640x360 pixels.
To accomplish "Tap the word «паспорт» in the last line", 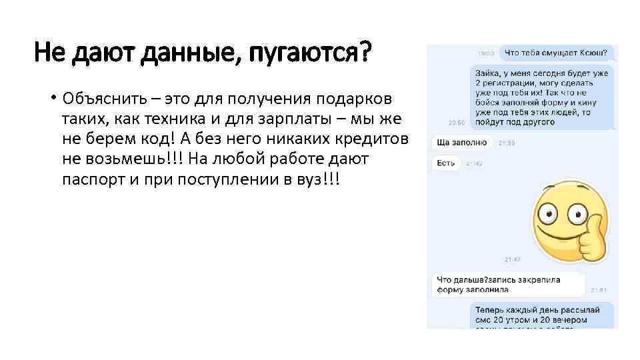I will coord(95,180).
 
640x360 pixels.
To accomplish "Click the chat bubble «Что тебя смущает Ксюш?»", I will coord(556,52).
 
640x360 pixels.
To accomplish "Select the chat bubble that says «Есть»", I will coord(446,163).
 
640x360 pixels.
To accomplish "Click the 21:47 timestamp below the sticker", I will coord(512,259).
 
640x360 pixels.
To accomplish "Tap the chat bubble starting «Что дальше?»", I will coord(508,284).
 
